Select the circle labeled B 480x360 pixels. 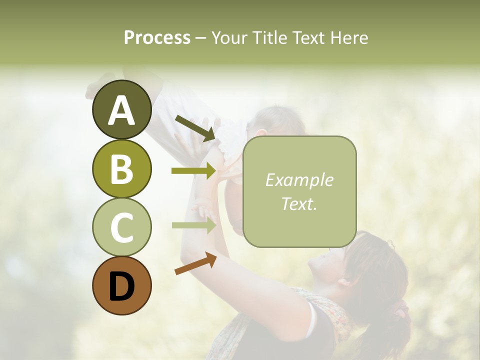coord(121,168)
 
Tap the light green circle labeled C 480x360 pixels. coord(121,227)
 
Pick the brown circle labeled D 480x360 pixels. coord(121,285)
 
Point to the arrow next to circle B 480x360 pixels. coord(193,171)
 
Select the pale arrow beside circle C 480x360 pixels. coord(193,225)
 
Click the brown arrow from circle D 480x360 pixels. coord(195,264)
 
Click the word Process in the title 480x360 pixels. coord(157,38)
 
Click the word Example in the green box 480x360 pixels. coord(299,180)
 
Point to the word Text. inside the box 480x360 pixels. coord(299,203)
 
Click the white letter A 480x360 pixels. coord(121,110)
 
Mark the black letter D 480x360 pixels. coord(121,286)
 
